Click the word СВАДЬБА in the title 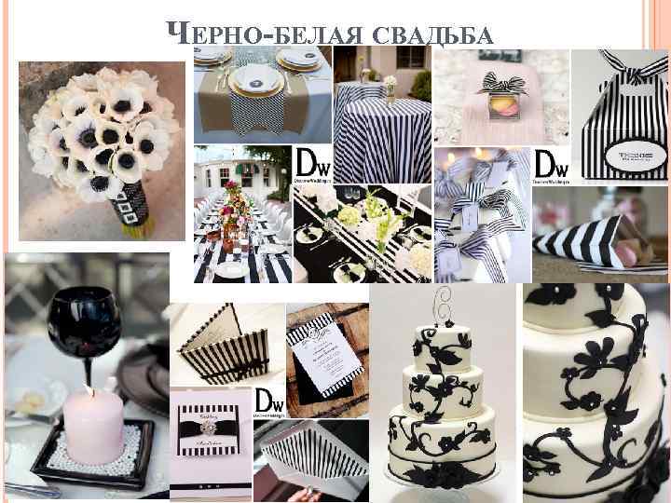click(439, 34)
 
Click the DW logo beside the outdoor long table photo click(307, 164)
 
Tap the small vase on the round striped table click(390, 86)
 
